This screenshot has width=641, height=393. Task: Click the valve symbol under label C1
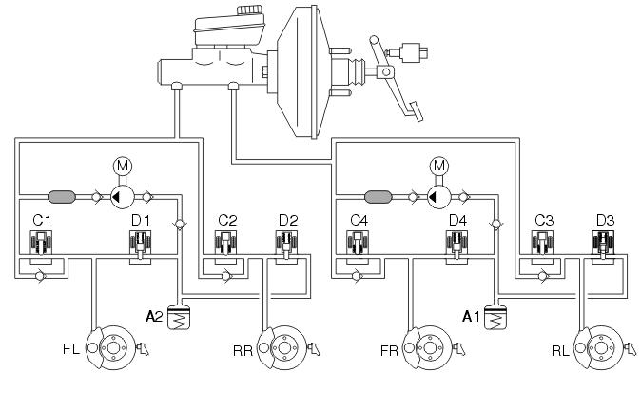click(x=41, y=247)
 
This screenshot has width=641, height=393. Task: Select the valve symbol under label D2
click(x=286, y=247)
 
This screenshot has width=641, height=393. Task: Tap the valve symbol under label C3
click(x=542, y=247)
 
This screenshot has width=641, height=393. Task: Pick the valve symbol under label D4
click(x=456, y=247)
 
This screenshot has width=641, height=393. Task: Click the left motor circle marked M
click(x=123, y=166)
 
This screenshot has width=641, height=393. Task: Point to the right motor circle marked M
click(x=439, y=166)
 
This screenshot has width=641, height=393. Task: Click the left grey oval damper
click(x=62, y=197)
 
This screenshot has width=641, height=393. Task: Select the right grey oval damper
click(x=379, y=197)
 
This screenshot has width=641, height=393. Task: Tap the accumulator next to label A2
click(x=179, y=317)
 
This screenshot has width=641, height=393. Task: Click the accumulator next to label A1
click(x=495, y=317)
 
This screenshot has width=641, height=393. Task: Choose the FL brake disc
click(x=110, y=348)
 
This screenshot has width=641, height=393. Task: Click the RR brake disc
click(x=282, y=348)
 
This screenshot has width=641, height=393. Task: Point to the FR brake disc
click(x=428, y=348)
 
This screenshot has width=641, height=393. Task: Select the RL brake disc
click(x=599, y=348)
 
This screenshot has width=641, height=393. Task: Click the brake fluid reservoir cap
click(x=250, y=10)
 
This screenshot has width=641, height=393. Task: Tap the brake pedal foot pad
click(x=416, y=110)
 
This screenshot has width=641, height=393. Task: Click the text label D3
click(x=605, y=221)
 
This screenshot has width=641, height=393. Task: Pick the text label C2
click(x=227, y=221)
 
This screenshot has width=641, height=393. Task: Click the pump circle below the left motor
click(x=123, y=197)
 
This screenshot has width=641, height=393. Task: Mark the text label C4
click(x=359, y=221)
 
